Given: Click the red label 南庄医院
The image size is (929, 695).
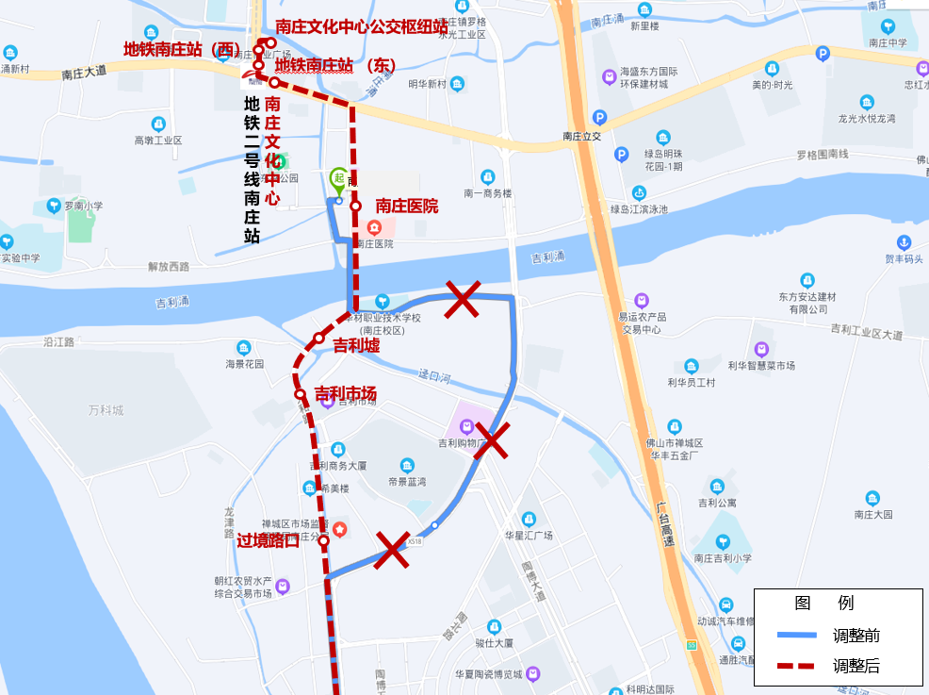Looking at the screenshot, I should (x=407, y=206).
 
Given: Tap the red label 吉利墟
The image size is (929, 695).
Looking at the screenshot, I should (x=356, y=346).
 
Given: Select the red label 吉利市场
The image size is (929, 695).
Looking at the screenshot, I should (x=345, y=393).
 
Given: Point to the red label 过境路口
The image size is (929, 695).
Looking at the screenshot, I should (x=269, y=540).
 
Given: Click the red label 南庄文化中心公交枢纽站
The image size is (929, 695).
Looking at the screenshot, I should (x=362, y=26).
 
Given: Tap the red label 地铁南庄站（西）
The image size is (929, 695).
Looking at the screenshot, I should (x=183, y=48).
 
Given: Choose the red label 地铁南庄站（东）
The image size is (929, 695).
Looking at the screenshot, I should (x=334, y=65).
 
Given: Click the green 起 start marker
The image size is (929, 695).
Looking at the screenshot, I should (x=338, y=178).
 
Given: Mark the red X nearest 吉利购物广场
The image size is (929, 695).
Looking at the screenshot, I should (x=492, y=440).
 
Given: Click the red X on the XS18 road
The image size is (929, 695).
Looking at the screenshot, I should (x=392, y=550).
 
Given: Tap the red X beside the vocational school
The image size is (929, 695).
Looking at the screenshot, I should (x=463, y=299).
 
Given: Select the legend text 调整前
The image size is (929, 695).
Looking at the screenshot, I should (x=856, y=636).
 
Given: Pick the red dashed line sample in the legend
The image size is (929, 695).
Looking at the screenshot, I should (x=796, y=666).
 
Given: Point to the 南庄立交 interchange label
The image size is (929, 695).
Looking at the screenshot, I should (x=581, y=137).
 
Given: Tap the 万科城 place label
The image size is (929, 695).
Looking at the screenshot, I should (x=106, y=410).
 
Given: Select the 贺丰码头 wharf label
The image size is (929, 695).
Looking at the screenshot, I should (x=904, y=258).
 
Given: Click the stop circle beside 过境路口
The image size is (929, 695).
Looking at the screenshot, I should (x=323, y=540).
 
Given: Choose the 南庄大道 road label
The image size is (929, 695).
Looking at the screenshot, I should (x=84, y=72).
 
